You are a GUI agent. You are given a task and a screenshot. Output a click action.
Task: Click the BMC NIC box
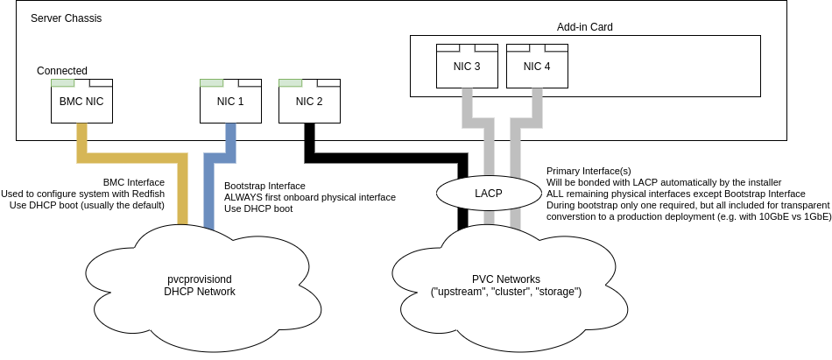pyautogui.click(x=81, y=102)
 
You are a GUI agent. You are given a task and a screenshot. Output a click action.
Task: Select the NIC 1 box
pyautogui.click(x=230, y=102)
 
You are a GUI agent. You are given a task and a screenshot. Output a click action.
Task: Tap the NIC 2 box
pyautogui.click(x=309, y=102)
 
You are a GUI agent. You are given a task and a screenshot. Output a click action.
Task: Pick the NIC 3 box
pyautogui.click(x=467, y=67)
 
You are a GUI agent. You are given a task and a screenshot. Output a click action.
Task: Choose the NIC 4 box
pyautogui.click(x=537, y=67)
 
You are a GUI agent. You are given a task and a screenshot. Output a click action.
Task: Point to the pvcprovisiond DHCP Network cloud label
pyautogui.click(x=200, y=285)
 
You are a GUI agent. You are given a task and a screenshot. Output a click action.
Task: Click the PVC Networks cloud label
pyautogui.click(x=508, y=285)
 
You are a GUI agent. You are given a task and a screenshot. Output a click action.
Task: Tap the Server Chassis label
pyautogui.click(x=66, y=18)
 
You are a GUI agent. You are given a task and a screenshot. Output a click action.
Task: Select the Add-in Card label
pyautogui.click(x=584, y=27)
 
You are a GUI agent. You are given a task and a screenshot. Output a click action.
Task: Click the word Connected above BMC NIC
pyautogui.click(x=62, y=71)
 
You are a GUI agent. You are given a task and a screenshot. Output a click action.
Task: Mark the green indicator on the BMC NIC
pyautogui.click(x=62, y=83)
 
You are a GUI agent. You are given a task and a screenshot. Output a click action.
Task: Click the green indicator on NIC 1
pyautogui.click(x=211, y=83)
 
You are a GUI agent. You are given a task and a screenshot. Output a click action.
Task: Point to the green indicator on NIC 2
pyautogui.click(x=290, y=83)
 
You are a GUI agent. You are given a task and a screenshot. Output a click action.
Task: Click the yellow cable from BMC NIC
pyautogui.click(x=131, y=159)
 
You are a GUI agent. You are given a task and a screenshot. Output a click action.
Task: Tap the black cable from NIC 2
pyautogui.click(x=385, y=159)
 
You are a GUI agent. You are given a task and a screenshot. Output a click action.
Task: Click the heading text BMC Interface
pyautogui.click(x=134, y=182)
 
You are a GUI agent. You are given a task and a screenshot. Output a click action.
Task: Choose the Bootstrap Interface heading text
pyautogui.click(x=264, y=186)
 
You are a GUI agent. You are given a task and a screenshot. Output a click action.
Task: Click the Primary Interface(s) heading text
pyautogui.click(x=589, y=170)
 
